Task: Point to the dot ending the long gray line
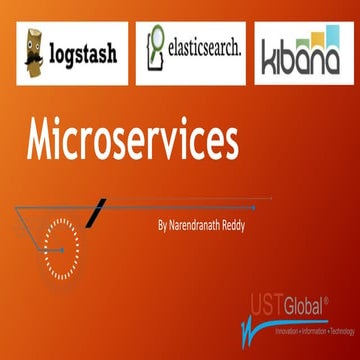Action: click(x=255, y=208)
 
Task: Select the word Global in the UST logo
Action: click(x=310, y=304)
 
